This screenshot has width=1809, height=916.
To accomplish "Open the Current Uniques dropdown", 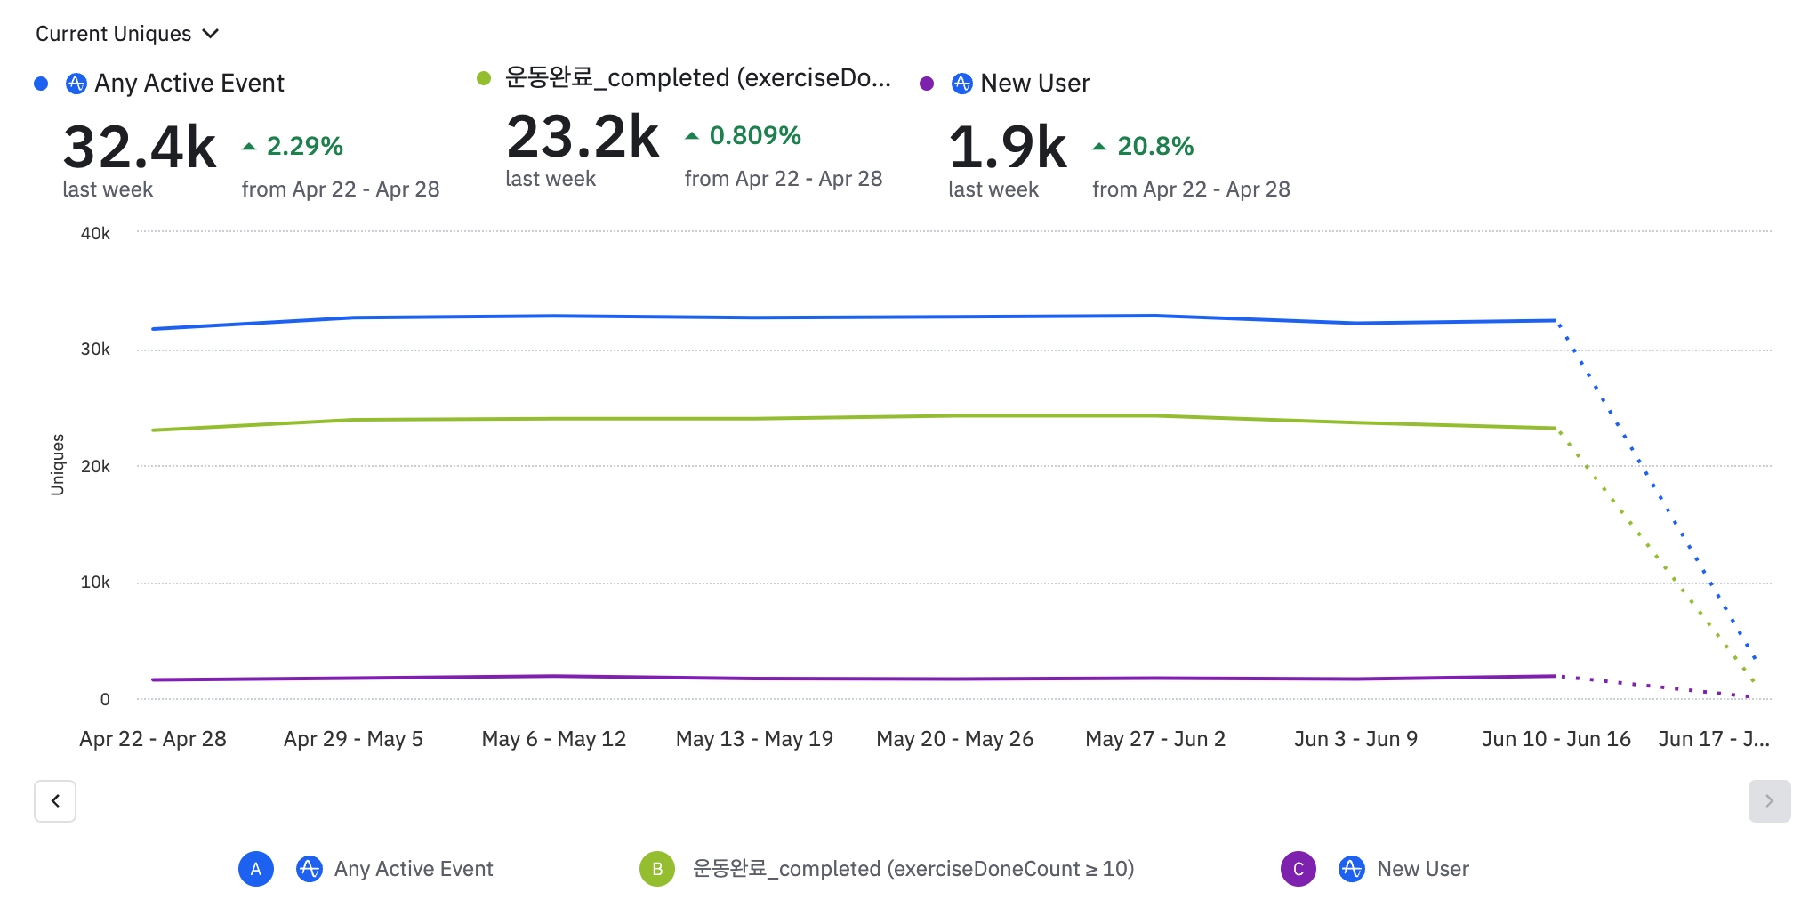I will (126, 34).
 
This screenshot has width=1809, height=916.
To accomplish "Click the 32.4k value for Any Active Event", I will (140, 147).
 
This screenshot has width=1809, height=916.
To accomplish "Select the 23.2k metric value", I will (583, 137).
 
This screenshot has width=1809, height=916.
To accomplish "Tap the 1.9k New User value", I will (1007, 147).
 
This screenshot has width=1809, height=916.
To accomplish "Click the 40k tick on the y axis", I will (95, 233).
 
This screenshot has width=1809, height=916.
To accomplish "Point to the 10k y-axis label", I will (95, 583).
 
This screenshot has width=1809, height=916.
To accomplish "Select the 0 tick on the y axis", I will (105, 699).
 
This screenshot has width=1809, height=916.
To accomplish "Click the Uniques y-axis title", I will (58, 464).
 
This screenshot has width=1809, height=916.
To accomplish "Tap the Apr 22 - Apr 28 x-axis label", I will (153, 739).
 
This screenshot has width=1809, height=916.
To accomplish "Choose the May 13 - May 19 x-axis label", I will (754, 739).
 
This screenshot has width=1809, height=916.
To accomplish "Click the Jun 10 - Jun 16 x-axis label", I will (1556, 739).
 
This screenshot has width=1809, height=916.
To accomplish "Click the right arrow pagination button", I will (1769, 801).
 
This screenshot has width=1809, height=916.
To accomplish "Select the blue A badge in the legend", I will (256, 869).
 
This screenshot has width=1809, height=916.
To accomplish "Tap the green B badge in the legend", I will (657, 869).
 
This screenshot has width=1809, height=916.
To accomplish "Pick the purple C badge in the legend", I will (1298, 869).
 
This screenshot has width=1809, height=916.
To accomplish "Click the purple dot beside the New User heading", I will (927, 84).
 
